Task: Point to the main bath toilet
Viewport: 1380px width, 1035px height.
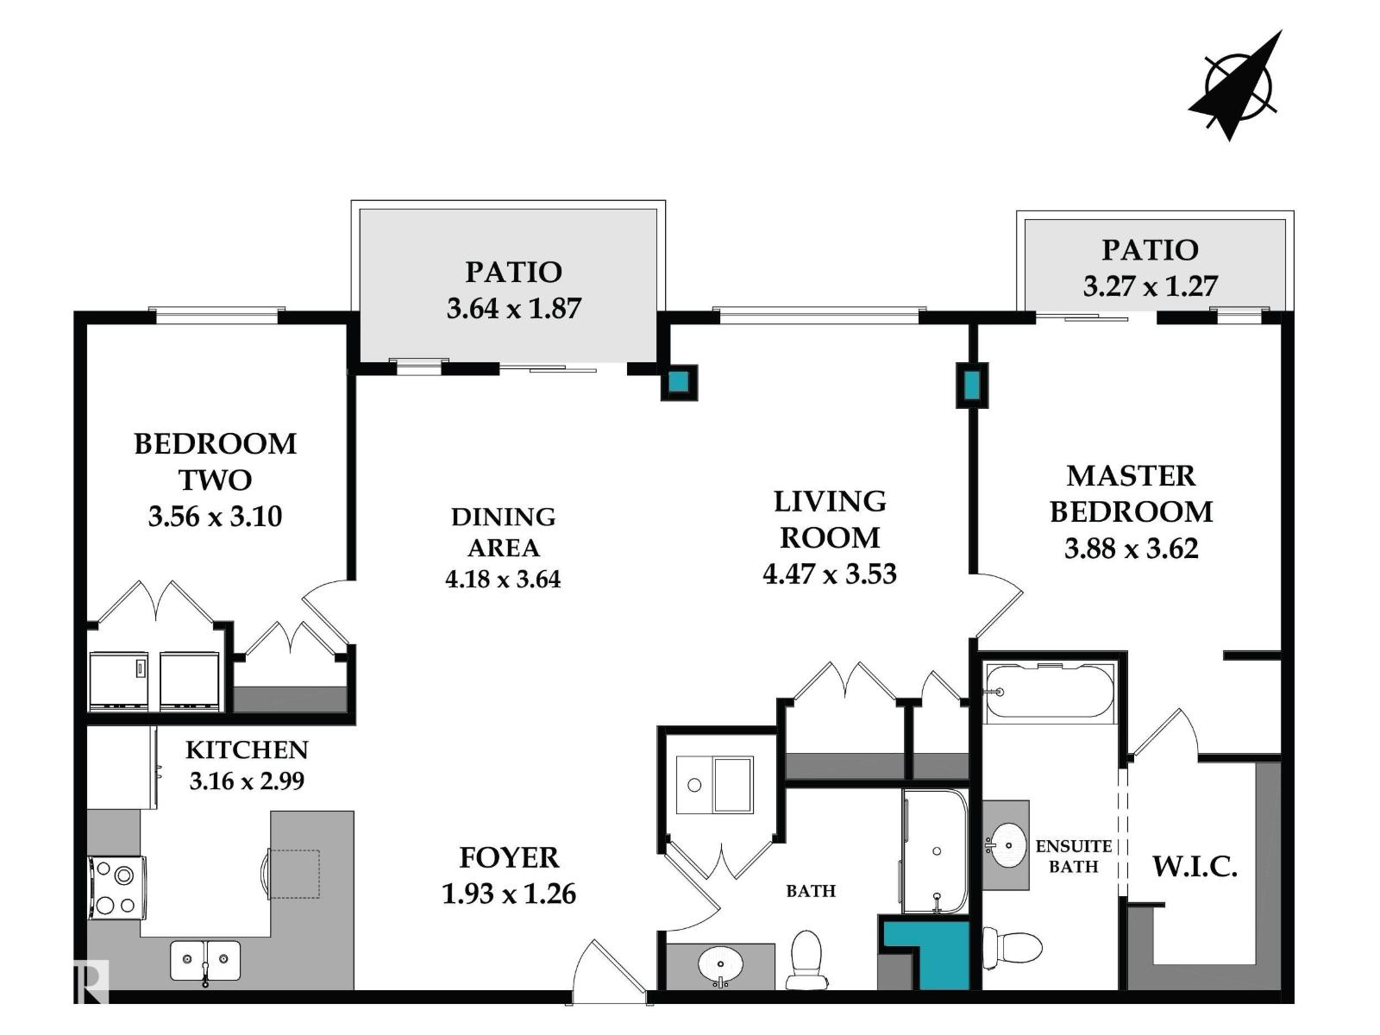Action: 807,959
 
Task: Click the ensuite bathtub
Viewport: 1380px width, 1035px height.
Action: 1049,692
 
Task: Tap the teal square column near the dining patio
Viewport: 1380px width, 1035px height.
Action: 680,382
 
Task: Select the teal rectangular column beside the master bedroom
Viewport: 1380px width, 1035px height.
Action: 972,385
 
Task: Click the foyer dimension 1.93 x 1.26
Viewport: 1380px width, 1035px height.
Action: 508,894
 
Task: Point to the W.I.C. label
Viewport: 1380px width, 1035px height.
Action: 1195,866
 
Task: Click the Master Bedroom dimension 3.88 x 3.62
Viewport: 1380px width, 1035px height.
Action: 1131,549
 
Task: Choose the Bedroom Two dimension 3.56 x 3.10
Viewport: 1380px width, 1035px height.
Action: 215,517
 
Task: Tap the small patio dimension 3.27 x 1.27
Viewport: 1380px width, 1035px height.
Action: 1150,285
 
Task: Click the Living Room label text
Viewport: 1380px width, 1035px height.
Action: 829,519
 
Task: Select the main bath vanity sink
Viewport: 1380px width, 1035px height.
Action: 720,963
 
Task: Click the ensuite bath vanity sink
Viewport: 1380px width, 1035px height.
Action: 1006,844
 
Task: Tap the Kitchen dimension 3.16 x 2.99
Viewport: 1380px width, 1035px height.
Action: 247,781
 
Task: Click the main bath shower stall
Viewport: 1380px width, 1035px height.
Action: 935,851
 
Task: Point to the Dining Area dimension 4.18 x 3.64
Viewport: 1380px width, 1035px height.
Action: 503,579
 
